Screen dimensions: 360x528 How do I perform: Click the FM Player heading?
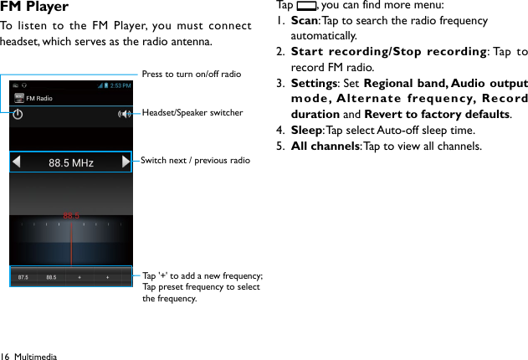tap(34, 8)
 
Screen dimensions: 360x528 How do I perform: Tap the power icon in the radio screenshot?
tap(18, 113)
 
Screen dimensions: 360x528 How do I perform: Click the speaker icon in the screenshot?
tap(126, 113)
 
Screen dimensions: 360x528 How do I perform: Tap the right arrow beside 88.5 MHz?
tap(126, 162)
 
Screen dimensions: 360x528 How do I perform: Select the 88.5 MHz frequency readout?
tap(71, 162)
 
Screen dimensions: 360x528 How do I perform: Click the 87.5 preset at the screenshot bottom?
tap(23, 276)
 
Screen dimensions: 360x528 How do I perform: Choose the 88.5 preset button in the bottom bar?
tap(52, 276)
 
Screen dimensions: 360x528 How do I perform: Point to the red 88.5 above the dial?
tap(71, 216)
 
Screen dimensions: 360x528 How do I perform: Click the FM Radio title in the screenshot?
tap(39, 98)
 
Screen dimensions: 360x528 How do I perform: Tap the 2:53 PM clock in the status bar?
tap(121, 85)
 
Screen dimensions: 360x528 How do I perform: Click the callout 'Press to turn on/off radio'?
tap(192, 75)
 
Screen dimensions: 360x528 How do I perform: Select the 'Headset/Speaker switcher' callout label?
tap(192, 112)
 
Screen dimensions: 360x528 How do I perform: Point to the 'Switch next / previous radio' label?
tap(195, 160)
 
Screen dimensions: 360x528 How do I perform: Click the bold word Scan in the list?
tap(305, 20)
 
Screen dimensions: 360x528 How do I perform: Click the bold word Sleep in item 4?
tap(305, 131)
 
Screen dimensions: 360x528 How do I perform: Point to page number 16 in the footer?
tap(6, 356)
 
